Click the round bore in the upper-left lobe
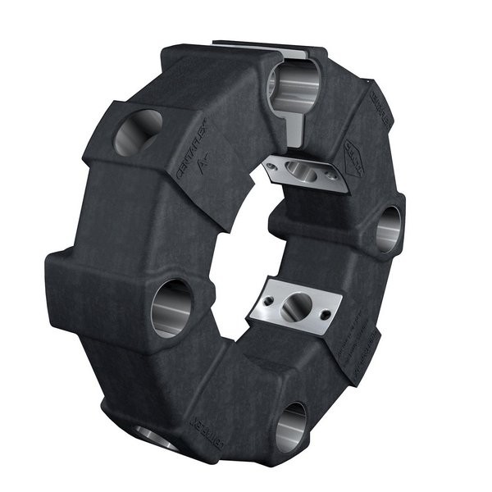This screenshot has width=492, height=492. pyautogui.click(x=137, y=132)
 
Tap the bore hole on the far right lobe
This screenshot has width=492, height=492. pyautogui.click(x=389, y=229)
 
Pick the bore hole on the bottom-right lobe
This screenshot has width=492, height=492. pyautogui.click(x=291, y=426)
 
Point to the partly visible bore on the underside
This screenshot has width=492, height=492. pyautogui.click(x=156, y=438)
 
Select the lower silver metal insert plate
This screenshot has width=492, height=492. pyautogui.click(x=295, y=303)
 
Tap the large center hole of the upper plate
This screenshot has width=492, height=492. pyautogui.click(x=301, y=171)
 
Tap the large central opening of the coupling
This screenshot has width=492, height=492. pyautogui.click(x=246, y=246)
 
